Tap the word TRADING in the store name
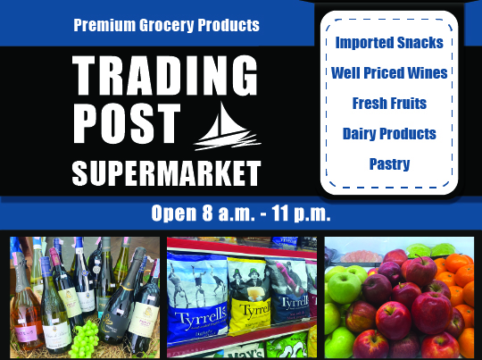coord(165,76)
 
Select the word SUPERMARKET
coord(166,173)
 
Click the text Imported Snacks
coord(389,43)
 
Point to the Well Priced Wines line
coord(389,73)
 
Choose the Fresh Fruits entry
coord(389,103)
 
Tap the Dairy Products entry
coord(389,133)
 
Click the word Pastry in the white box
coord(389,164)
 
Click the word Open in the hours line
coord(174,213)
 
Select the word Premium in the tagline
coord(104,25)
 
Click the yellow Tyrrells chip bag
coord(249,296)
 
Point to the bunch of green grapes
coord(84,339)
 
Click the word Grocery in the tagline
coord(166,25)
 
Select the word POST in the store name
coord(127,123)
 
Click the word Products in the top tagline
coord(229,25)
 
